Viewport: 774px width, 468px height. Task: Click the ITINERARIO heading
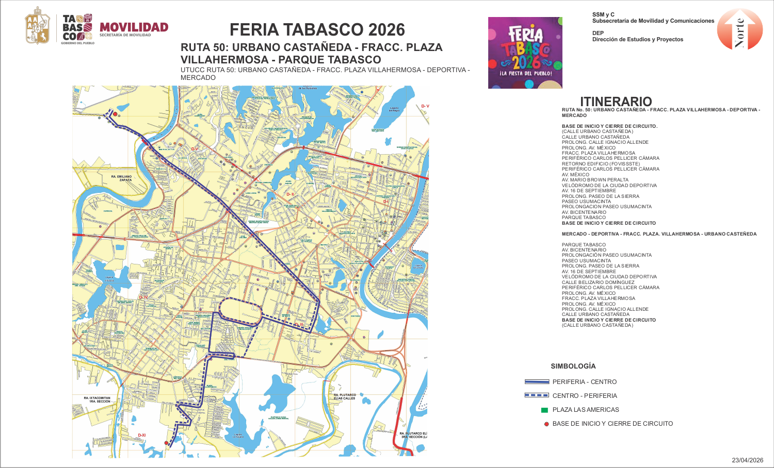[x=616, y=101]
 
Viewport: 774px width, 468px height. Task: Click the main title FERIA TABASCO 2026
[x=317, y=30]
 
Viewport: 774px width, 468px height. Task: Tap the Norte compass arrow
[x=739, y=30]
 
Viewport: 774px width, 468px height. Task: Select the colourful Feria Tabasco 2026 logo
[x=525, y=53]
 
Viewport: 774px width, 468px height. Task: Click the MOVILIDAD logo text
[x=134, y=27]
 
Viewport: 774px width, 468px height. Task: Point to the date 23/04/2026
[x=747, y=460]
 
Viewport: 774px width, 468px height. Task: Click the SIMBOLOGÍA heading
[x=573, y=366]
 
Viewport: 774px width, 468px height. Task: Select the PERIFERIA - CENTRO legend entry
[x=584, y=382]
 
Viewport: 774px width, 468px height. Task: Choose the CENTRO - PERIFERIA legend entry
[x=584, y=396]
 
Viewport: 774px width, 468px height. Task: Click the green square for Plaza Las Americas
[x=544, y=410]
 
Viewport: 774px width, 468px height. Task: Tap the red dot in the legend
[x=546, y=424]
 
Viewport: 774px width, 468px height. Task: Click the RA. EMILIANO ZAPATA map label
[x=121, y=178]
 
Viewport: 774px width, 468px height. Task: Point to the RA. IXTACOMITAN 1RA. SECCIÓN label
[x=97, y=399]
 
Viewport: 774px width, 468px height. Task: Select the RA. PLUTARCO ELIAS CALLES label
[x=344, y=396]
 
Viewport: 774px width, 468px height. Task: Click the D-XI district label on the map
[x=142, y=436]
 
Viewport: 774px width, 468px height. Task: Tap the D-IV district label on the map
[x=143, y=297]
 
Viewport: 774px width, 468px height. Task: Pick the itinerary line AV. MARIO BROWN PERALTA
[x=595, y=180]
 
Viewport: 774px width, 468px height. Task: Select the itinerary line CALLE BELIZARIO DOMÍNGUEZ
[x=598, y=282]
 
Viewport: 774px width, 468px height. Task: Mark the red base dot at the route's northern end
[x=115, y=114]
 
